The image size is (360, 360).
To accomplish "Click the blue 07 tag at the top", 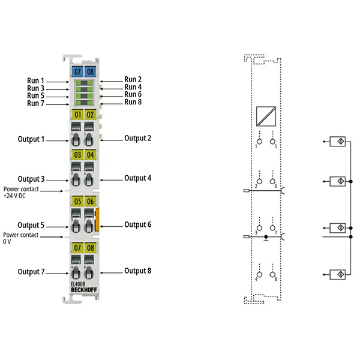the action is point(77,71).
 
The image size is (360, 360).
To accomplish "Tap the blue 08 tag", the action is point(90,71).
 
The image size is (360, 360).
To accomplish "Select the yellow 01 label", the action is point(77,115).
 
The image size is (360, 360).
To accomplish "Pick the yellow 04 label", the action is point(90,155).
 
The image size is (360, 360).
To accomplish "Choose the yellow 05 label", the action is point(77,202).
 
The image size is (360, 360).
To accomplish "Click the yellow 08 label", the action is point(90,248).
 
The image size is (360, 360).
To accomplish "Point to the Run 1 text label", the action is point(35,81).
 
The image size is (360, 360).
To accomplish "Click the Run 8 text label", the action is point(133,102).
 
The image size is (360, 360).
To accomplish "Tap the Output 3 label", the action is point(31,179).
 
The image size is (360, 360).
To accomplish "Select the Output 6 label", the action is point(138,224).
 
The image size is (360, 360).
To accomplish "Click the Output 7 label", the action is point(31,272).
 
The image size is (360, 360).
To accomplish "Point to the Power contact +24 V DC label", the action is point(21,193).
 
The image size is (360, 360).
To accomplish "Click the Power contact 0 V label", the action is point(20,238).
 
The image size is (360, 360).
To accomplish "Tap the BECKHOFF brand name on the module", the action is point(84,290).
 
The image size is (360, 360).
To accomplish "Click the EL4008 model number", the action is point(78,284).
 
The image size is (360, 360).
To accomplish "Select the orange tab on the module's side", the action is point(97,219).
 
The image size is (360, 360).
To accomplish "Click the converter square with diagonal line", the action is point(266,116).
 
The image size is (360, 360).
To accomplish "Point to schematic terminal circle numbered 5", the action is point(272,142).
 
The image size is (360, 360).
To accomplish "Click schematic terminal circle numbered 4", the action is point(259,274).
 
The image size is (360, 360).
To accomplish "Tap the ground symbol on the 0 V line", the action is point(266,238).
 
